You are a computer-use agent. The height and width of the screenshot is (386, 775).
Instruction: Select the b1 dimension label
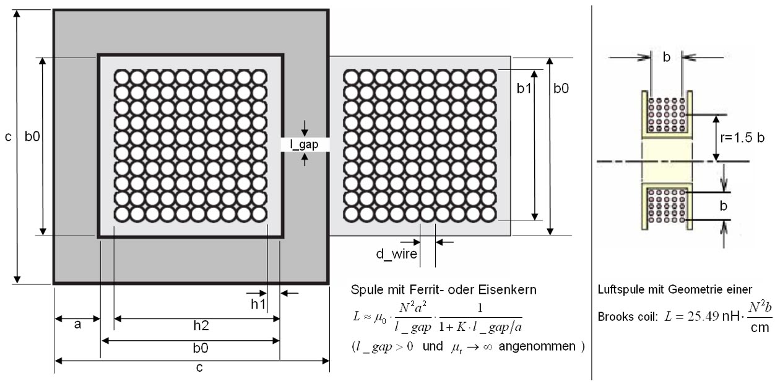(524, 89)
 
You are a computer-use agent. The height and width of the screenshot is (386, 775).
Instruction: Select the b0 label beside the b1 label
(561, 89)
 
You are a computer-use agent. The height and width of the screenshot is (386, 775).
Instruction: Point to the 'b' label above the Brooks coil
(667, 57)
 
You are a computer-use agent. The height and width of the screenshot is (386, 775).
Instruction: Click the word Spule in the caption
(365, 290)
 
